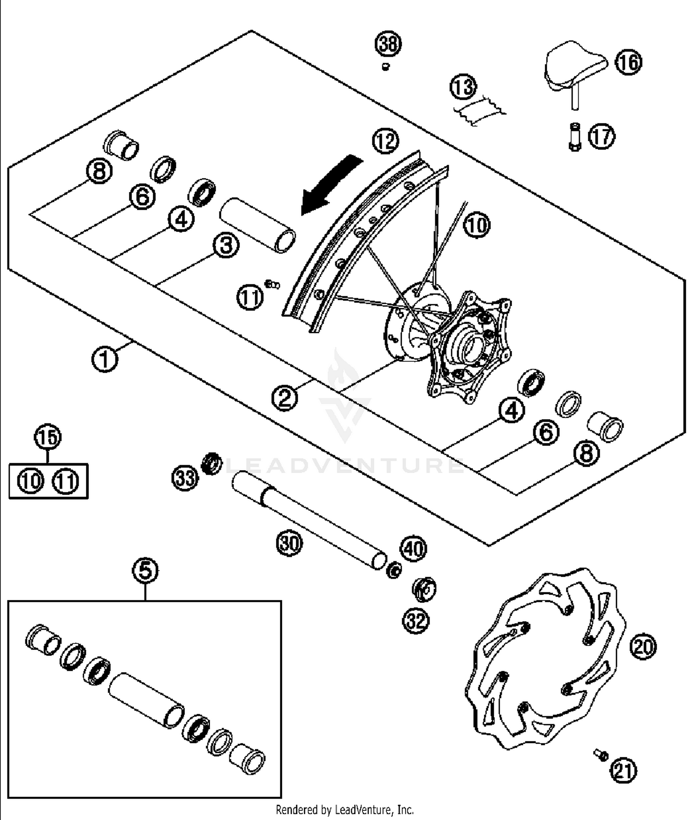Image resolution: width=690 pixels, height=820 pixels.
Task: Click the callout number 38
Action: pyautogui.click(x=388, y=44)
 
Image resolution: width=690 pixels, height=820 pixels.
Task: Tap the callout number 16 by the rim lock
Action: pyautogui.click(x=628, y=62)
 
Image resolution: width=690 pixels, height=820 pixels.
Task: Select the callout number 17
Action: pyautogui.click(x=602, y=136)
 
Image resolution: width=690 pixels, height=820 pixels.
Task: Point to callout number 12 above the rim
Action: pyautogui.click(x=385, y=141)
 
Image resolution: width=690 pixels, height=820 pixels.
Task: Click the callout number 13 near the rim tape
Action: pyautogui.click(x=463, y=87)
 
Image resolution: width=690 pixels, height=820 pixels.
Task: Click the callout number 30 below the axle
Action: pyautogui.click(x=289, y=543)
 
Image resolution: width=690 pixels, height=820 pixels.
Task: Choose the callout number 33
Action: pyautogui.click(x=185, y=479)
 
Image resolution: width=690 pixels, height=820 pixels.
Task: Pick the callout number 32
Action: pyautogui.click(x=416, y=621)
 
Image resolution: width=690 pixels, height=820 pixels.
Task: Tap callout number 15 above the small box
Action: pyautogui.click(x=48, y=437)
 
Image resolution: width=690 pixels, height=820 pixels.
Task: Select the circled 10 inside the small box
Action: pyautogui.click(x=31, y=481)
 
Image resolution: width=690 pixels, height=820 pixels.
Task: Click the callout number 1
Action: pyautogui.click(x=104, y=359)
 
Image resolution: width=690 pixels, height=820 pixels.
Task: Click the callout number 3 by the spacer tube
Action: pyautogui.click(x=226, y=245)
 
